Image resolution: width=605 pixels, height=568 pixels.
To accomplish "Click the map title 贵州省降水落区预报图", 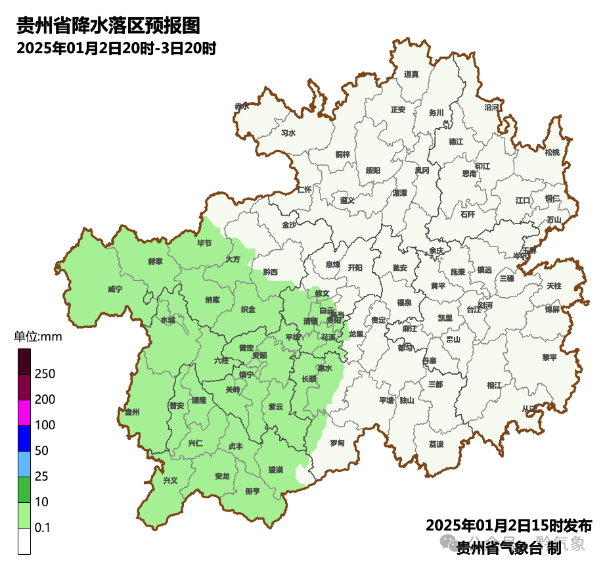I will (x=108, y=26).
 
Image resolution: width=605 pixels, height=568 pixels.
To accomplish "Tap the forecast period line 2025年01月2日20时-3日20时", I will (x=116, y=49).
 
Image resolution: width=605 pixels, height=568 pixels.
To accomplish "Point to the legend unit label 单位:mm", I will (x=37, y=337).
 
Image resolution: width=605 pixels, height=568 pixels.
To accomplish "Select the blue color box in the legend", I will (x=24, y=438).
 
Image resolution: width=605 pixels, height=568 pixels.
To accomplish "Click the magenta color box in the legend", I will (x=24, y=413).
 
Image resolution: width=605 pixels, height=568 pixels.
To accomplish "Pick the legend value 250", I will (x=45, y=374).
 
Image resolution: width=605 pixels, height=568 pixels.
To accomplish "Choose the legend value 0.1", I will (x=43, y=528).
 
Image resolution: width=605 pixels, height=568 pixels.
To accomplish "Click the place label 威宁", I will (x=115, y=289).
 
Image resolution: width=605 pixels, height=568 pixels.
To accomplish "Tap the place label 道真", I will (x=411, y=74).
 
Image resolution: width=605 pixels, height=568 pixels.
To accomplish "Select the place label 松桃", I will (x=552, y=153).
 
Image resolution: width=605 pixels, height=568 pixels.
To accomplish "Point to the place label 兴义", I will (x=170, y=481).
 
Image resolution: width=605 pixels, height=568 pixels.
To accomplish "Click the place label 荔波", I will (x=436, y=444).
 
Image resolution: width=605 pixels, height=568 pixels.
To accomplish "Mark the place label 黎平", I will (x=549, y=357).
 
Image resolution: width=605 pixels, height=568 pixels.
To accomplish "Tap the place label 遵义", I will (x=347, y=200).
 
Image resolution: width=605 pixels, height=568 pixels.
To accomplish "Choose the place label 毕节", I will (x=205, y=243).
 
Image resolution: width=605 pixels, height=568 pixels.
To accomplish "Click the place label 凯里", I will (x=445, y=318).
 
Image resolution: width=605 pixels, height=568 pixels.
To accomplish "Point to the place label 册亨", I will (x=252, y=491).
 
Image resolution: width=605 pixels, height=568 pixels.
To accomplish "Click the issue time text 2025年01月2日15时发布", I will (x=509, y=526).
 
